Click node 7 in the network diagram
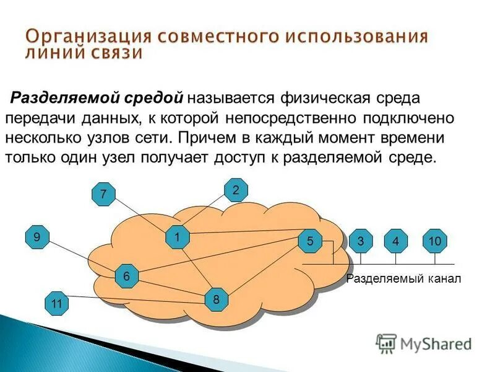point(103,195)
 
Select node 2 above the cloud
point(236,190)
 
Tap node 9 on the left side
point(37,237)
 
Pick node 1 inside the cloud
point(177,237)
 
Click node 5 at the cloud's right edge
point(310,241)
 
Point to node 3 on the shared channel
point(360,241)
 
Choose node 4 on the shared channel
point(395,241)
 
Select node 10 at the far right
point(434,241)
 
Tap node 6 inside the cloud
point(126,276)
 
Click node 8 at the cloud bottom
point(217,299)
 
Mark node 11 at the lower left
point(57,303)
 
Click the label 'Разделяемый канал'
point(403,279)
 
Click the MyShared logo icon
point(387,342)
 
